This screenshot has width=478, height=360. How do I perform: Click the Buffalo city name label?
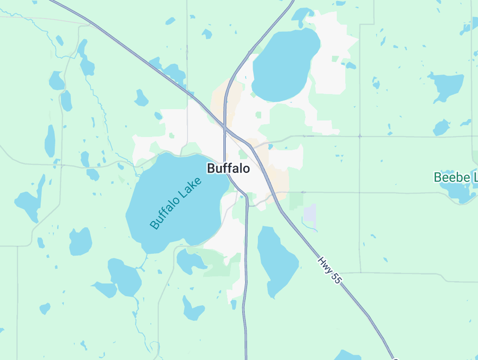[229, 168]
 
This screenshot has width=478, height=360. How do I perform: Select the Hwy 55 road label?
[329, 270]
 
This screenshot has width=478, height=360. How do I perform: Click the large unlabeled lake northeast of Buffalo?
[285, 65]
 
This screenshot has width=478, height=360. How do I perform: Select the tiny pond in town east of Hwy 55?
[270, 146]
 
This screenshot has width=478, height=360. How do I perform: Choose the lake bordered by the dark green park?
[190, 260]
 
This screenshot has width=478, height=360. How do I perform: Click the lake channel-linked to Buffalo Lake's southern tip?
[125, 277]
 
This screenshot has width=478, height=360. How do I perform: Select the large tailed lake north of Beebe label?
[446, 86]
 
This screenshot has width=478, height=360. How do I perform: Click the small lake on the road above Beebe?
[442, 128]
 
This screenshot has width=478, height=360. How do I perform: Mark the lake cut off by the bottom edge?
[348, 355]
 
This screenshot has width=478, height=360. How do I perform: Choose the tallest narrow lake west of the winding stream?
[50, 140]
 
